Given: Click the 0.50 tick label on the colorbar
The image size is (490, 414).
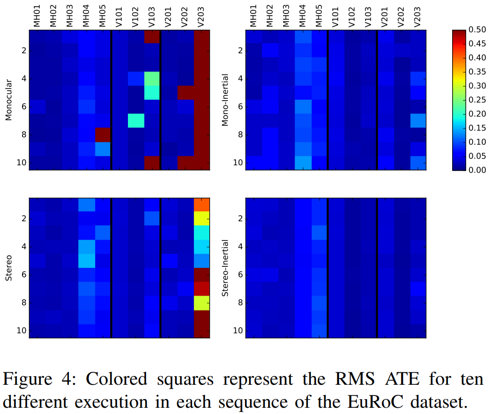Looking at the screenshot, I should (477, 30).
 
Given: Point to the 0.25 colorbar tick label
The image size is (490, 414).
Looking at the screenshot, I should (477, 100).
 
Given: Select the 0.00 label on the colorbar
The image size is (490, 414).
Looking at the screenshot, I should (477, 170).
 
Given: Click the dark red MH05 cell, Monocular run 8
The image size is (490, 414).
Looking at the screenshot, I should (103, 135).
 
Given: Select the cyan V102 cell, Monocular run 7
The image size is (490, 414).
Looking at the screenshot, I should (136, 121).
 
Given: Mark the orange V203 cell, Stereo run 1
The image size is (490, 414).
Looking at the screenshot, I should (202, 205).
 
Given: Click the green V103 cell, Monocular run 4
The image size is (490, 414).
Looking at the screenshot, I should (151, 79).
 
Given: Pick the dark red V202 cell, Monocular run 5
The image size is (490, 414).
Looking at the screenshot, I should (185, 92).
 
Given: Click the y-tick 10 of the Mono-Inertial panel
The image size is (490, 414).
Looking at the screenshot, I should (237, 163).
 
